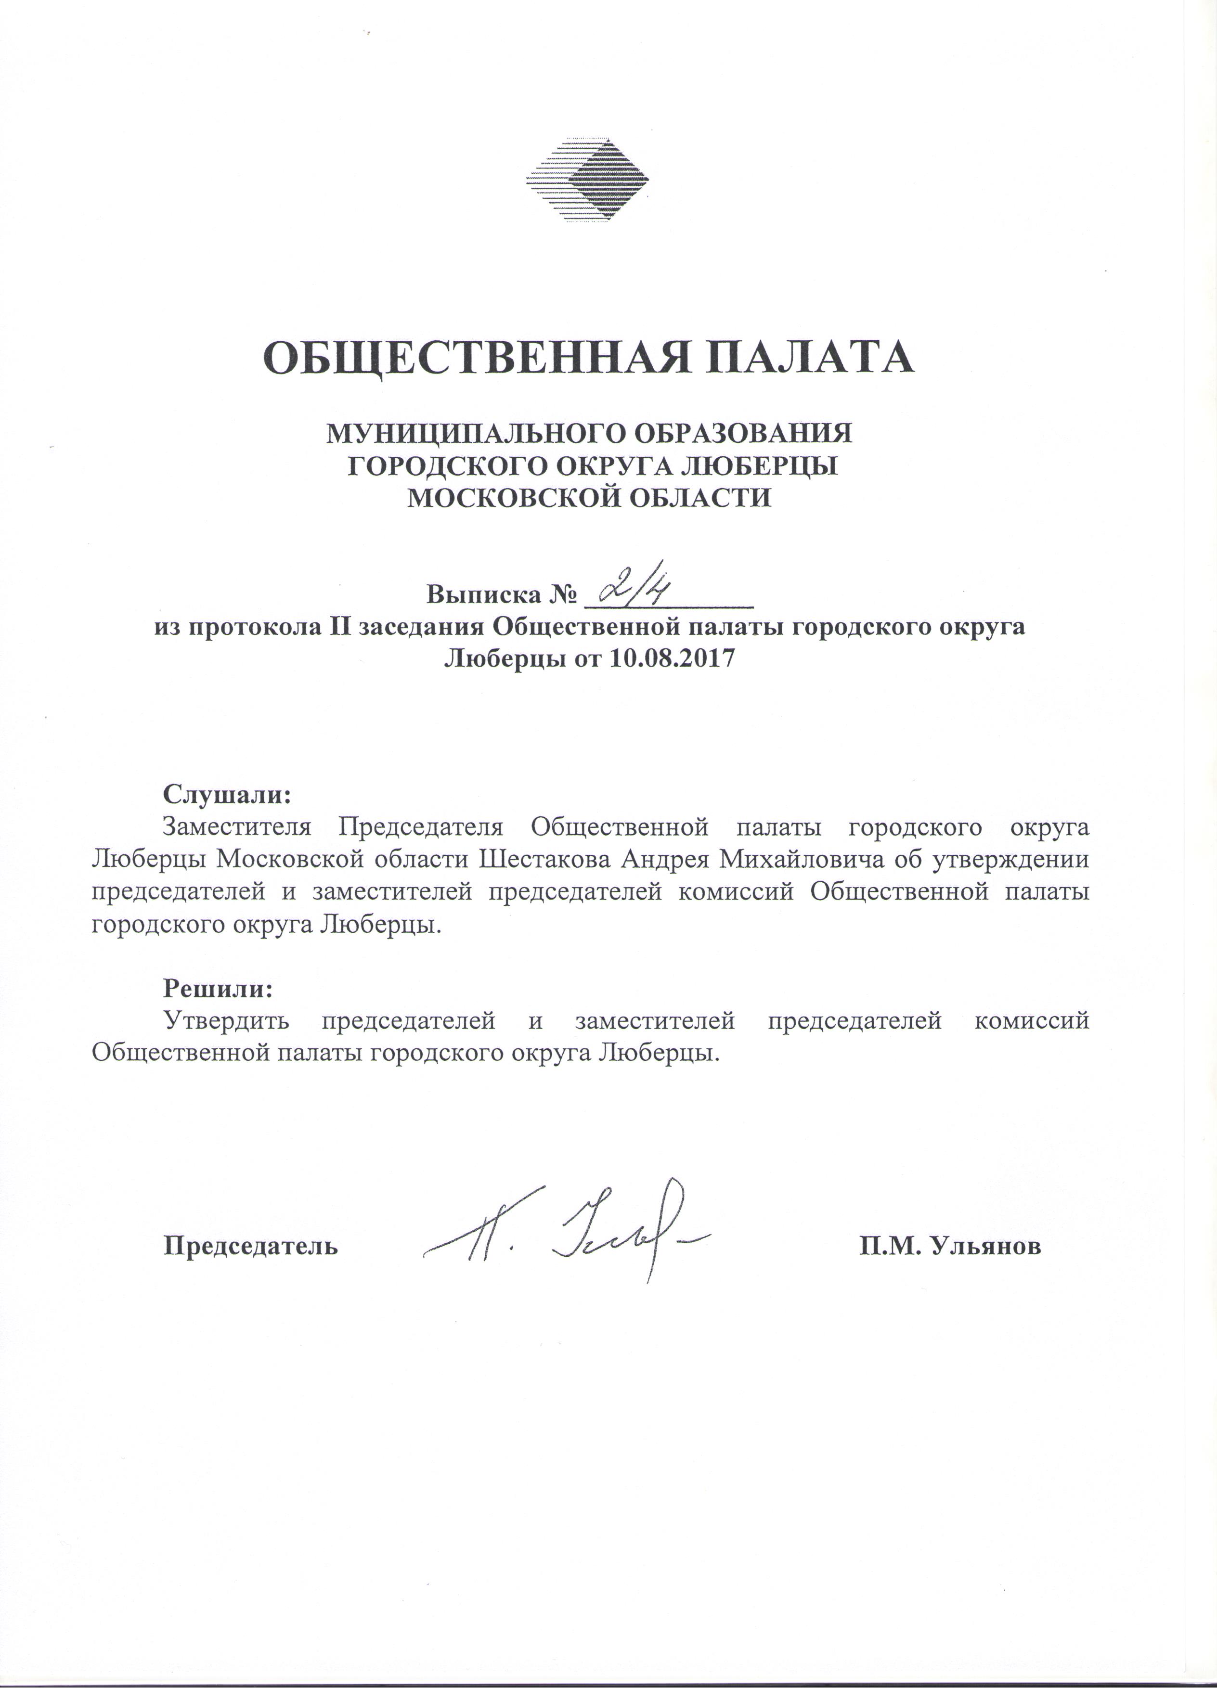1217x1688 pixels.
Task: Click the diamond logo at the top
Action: pos(587,180)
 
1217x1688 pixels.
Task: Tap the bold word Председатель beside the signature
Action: pos(251,1246)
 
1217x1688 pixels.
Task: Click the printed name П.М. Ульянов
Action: pos(950,1246)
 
